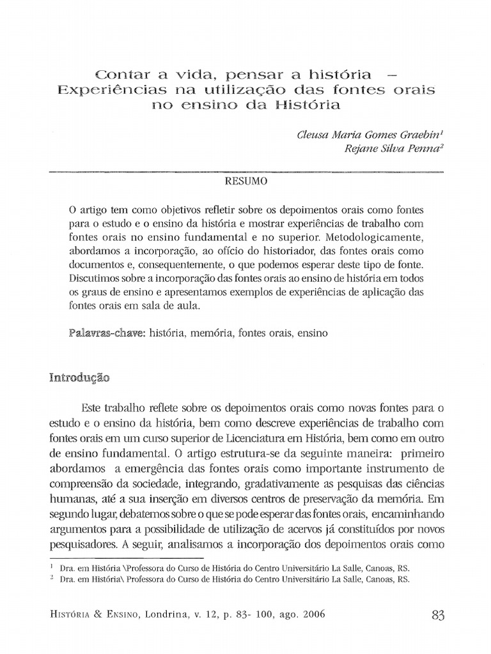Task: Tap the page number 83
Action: [437, 615]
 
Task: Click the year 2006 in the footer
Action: [309, 614]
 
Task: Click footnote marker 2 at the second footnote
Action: [51, 578]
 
